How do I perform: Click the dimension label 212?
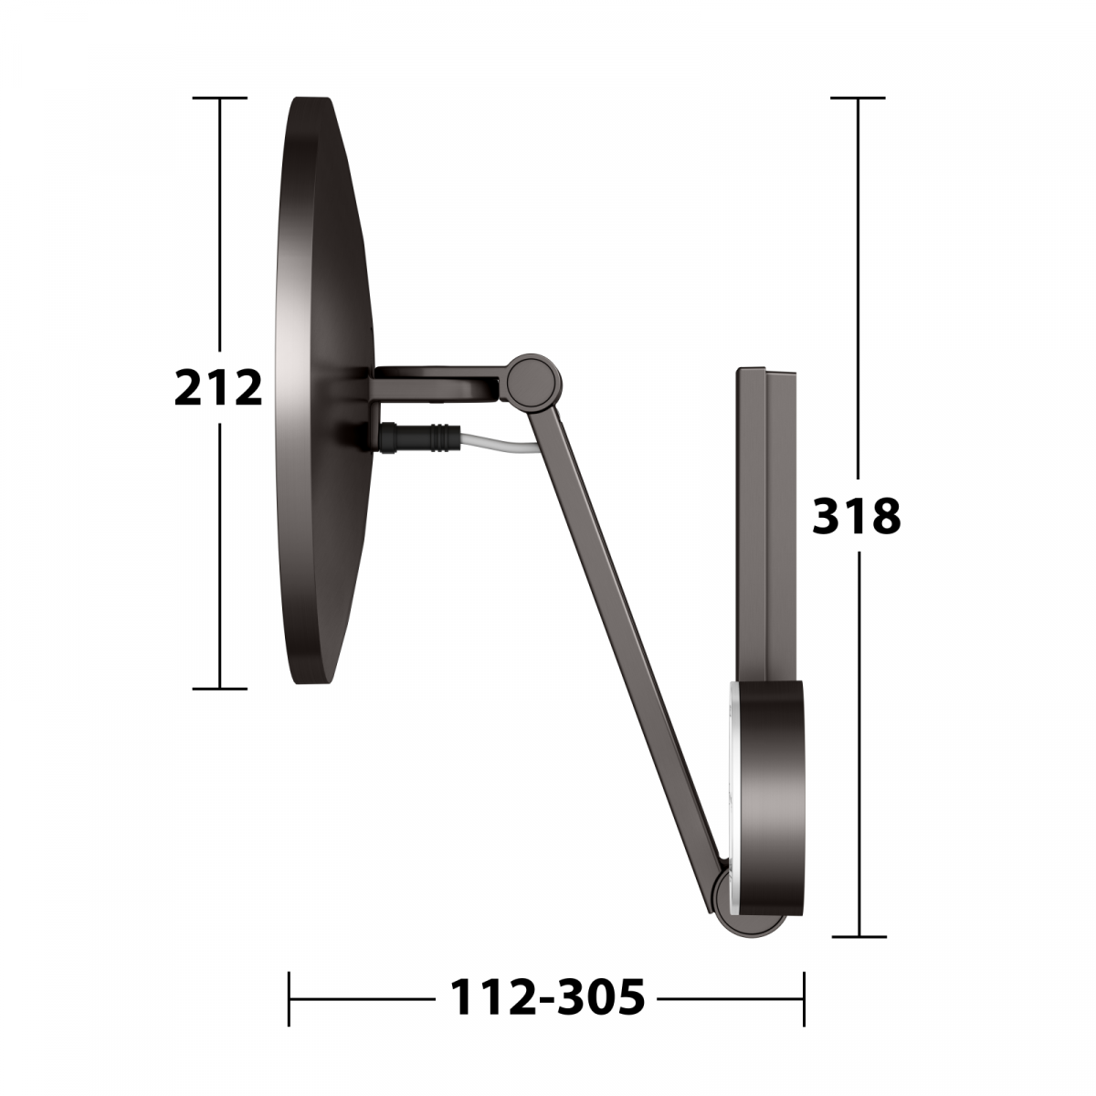pos(218,387)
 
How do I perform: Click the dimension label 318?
pos(856,516)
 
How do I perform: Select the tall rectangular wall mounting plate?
pos(766,524)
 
